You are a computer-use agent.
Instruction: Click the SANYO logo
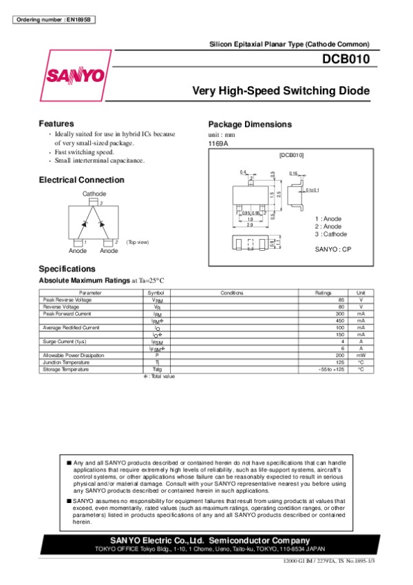click(x=76, y=74)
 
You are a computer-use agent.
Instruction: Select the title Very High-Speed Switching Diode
click(x=280, y=90)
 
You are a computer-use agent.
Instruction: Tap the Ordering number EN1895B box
click(x=53, y=19)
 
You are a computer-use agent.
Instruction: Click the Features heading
click(x=56, y=123)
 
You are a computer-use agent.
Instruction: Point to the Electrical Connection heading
click(x=82, y=180)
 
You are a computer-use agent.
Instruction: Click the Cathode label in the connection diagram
click(x=94, y=194)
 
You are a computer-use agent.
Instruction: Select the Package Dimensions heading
click(x=250, y=125)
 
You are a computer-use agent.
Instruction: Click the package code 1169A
click(x=218, y=143)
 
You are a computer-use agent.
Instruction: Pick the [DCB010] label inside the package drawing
click(x=291, y=156)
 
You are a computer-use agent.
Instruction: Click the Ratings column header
click(x=323, y=293)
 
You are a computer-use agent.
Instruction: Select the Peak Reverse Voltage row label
click(x=66, y=300)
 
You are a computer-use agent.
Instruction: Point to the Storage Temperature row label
click(x=65, y=369)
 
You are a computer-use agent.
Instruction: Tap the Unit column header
click(x=360, y=293)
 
